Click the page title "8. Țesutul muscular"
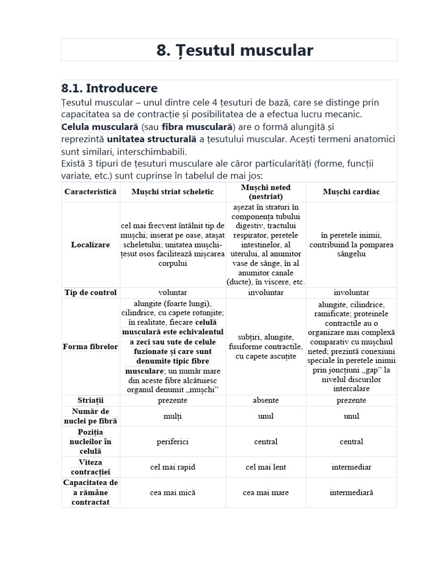tap(235, 51)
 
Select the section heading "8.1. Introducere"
tap(109, 88)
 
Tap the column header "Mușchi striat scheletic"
tap(173, 191)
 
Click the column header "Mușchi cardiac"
tap(351, 191)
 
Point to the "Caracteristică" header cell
tap(90, 191)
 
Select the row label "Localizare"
tap(90, 244)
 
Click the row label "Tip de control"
tap(90, 292)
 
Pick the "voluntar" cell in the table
tap(173, 292)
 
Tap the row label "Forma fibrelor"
tap(90, 346)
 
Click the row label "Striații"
tap(90, 400)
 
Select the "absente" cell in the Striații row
tap(266, 400)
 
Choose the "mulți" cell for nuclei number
tap(173, 415)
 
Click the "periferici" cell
tap(173, 441)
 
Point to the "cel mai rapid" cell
tap(173, 467)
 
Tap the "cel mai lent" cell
tap(266, 467)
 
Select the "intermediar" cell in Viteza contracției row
tap(351, 467)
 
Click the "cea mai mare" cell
tap(266, 492)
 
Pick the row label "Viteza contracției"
tap(90, 467)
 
